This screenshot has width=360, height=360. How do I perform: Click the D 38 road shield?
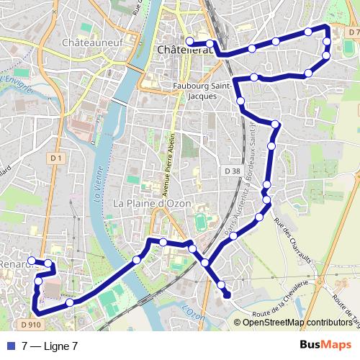coord(231,171)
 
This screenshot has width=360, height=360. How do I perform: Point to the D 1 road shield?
coord(56,158)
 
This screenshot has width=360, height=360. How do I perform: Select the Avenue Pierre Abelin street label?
coord(172,166)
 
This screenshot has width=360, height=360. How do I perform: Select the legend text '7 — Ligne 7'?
coord(49,346)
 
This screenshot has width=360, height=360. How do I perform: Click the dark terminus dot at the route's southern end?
coord(228,294)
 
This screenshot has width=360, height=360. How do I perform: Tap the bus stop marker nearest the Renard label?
coord(31,261)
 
